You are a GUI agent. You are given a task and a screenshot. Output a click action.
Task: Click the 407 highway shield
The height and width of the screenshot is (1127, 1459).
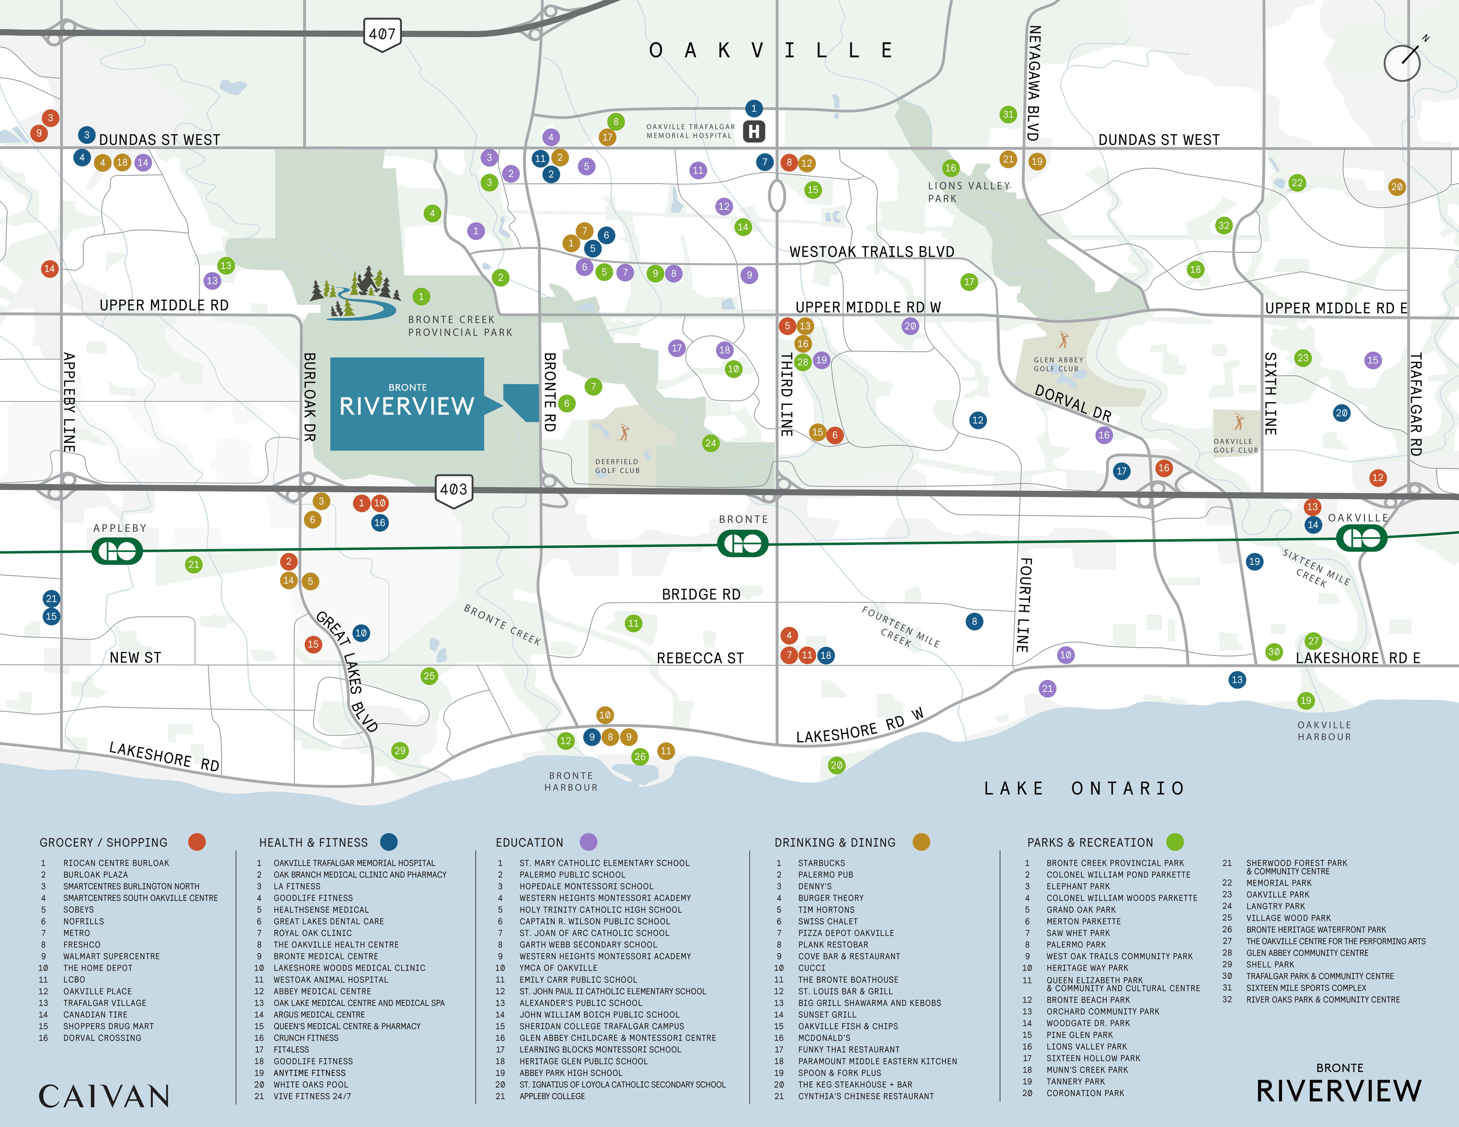(382, 34)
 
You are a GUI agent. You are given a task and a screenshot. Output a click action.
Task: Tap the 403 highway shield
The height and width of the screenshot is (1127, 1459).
(454, 490)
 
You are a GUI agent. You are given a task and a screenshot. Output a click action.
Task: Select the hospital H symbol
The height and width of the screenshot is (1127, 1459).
(754, 131)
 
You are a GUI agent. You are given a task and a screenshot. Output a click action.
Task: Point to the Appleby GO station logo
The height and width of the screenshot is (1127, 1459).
(117, 551)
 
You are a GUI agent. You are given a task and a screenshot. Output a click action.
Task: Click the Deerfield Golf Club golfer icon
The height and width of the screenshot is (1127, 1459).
(624, 432)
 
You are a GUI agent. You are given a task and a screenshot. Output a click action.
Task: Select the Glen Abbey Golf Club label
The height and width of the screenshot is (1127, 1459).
(1058, 364)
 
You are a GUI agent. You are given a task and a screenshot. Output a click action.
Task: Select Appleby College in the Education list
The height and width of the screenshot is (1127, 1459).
(552, 1096)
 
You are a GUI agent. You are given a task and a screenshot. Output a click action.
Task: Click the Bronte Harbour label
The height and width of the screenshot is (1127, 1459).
(571, 781)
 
